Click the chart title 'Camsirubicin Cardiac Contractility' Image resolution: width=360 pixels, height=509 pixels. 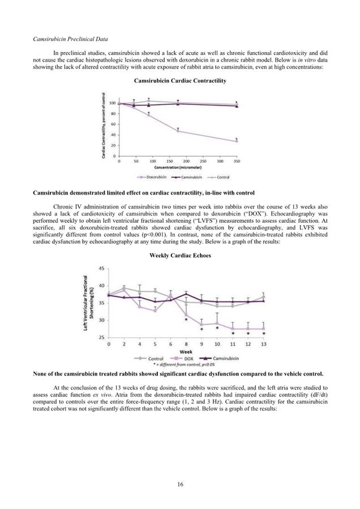(180, 81)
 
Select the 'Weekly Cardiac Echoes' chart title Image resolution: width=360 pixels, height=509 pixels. (180, 255)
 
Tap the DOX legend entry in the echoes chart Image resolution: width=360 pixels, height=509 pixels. (181, 359)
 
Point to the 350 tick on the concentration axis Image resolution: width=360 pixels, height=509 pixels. (236, 161)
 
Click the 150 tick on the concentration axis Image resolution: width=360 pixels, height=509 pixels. (169, 161)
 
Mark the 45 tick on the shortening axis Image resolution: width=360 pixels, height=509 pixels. (102, 268)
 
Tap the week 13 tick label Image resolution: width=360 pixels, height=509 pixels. (263, 344)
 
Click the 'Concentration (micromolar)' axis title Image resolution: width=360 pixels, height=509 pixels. (177, 168)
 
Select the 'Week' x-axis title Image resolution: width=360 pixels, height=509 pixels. (186, 351)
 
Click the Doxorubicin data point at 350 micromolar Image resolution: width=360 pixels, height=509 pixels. (236, 141)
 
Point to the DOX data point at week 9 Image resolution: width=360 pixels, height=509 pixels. (202, 325)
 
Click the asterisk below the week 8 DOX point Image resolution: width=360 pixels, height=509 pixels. (186, 320)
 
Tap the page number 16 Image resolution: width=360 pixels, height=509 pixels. (180, 484)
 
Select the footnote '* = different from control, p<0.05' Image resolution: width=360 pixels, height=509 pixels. (186, 365)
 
